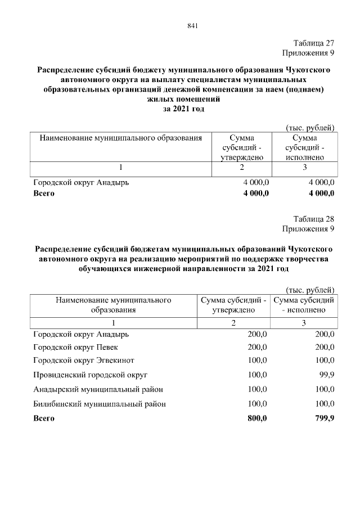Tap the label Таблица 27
coord(314,43)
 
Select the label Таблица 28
coord(314,219)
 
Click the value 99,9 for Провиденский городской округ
coord(326,374)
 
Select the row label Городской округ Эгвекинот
coord(84,360)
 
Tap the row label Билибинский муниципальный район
coord(100,404)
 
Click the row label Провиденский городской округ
coord(90,374)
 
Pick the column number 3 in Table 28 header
coord(304,323)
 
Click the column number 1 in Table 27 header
coord(120,167)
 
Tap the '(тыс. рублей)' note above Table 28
coord(310,290)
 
